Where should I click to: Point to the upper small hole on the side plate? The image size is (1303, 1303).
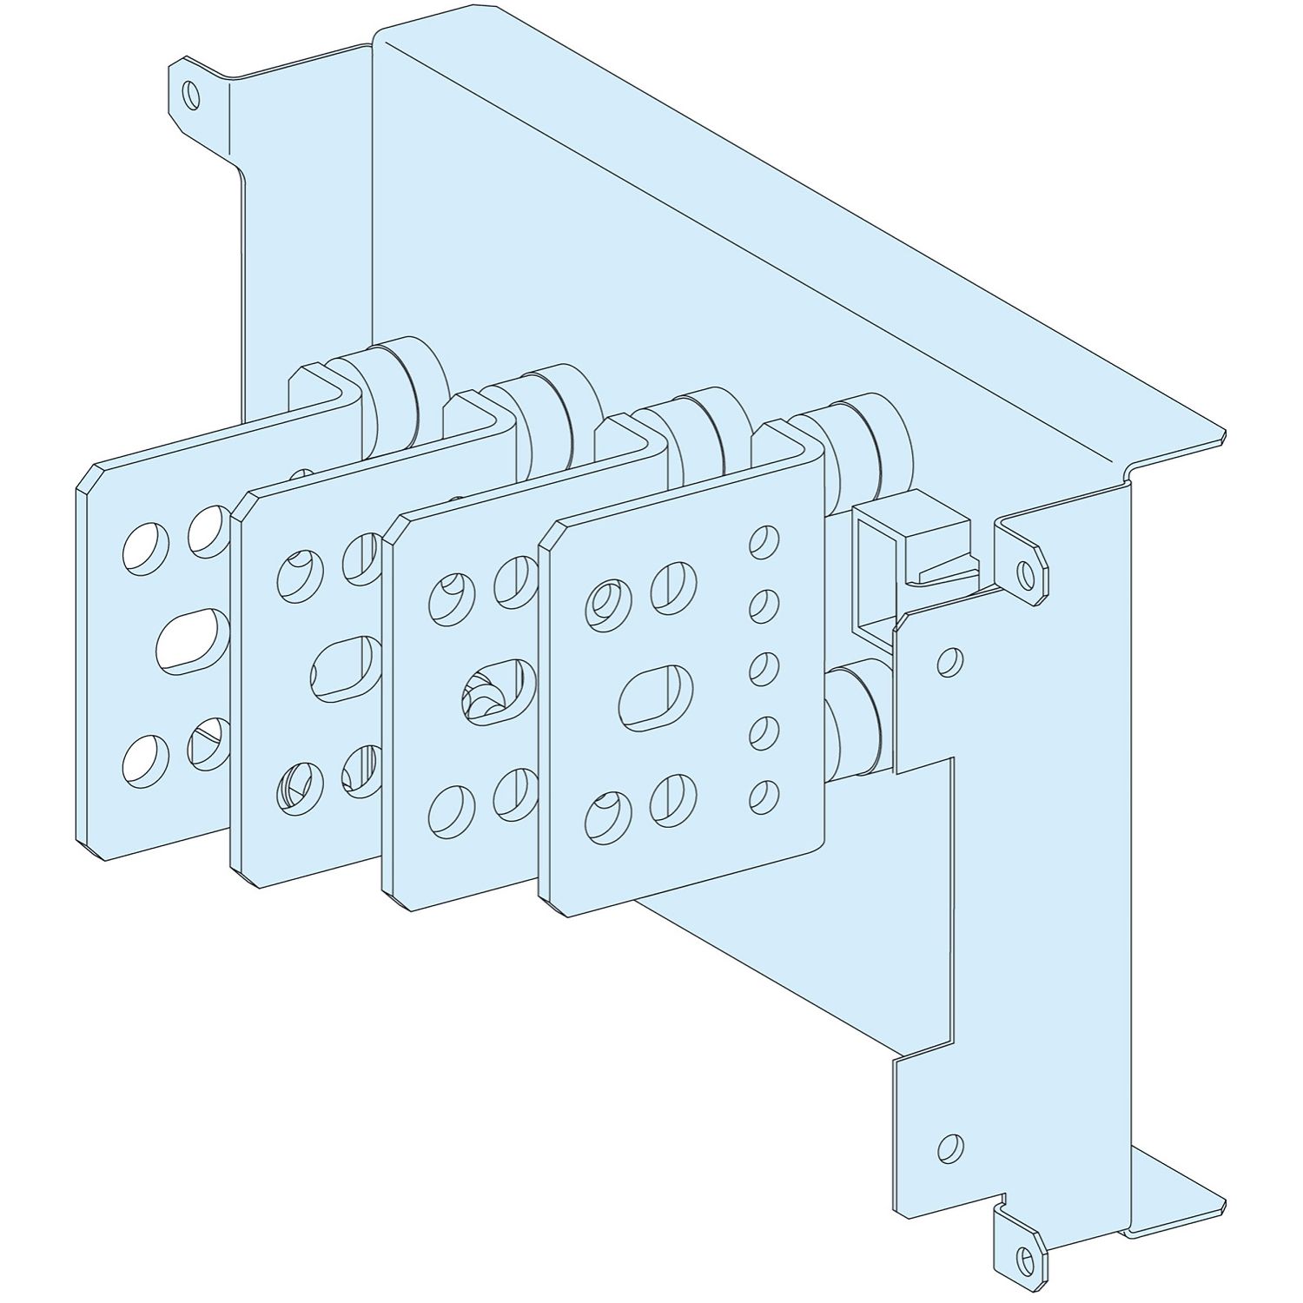(950, 662)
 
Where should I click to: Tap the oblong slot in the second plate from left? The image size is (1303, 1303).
(345, 669)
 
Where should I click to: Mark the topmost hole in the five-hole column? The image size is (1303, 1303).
(764, 540)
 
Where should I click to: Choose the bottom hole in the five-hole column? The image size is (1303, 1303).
(764, 797)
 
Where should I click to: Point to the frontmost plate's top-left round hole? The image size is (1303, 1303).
(605, 603)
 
